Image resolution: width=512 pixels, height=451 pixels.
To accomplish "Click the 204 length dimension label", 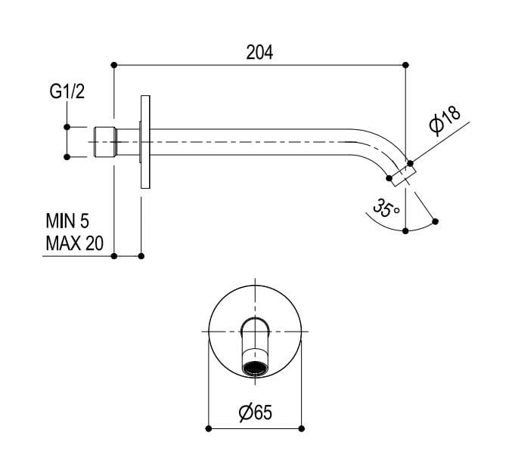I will (x=259, y=52).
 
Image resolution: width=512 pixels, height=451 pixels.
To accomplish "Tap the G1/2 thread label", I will (x=67, y=93).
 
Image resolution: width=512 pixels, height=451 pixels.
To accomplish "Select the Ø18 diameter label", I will (x=445, y=121).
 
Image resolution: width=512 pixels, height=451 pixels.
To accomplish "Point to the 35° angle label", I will (x=386, y=208).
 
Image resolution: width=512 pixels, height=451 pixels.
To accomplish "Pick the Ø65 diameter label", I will (x=255, y=412).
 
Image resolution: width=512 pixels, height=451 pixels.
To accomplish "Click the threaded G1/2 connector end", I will (x=104, y=142).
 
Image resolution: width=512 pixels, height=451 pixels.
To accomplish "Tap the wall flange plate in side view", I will (x=144, y=142).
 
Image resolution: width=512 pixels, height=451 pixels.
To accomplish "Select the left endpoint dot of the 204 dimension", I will (x=113, y=65).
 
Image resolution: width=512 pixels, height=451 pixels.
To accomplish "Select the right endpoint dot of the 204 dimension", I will (x=405, y=65).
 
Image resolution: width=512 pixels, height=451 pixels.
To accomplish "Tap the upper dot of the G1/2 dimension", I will (x=67, y=127).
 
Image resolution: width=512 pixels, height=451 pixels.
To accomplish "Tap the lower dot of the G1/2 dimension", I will (x=67, y=157).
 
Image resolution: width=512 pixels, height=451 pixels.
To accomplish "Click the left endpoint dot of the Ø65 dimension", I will (x=208, y=429).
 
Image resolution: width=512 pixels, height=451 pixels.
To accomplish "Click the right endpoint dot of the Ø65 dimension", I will (x=303, y=429).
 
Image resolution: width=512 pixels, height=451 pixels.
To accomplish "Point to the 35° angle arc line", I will (x=378, y=222).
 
